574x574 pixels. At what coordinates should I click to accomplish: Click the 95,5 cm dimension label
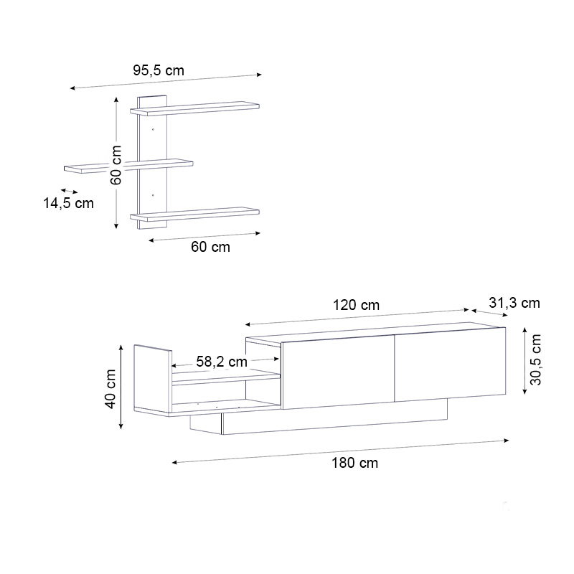click(159, 70)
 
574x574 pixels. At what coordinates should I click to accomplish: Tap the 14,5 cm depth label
click(69, 203)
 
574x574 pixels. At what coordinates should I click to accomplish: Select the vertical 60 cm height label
click(116, 164)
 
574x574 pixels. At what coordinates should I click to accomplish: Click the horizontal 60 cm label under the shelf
click(210, 247)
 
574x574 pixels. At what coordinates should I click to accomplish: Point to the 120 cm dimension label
click(356, 305)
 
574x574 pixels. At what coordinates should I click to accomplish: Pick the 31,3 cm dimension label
click(514, 303)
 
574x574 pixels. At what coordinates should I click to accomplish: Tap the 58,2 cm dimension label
click(221, 362)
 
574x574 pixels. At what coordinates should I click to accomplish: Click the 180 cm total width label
click(354, 463)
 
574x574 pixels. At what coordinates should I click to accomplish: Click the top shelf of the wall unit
click(195, 108)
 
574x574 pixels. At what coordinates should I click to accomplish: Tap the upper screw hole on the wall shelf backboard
click(153, 130)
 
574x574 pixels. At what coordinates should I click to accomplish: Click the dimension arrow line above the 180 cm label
click(341, 451)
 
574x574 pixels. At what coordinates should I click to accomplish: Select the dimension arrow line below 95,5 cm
click(166, 81)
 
